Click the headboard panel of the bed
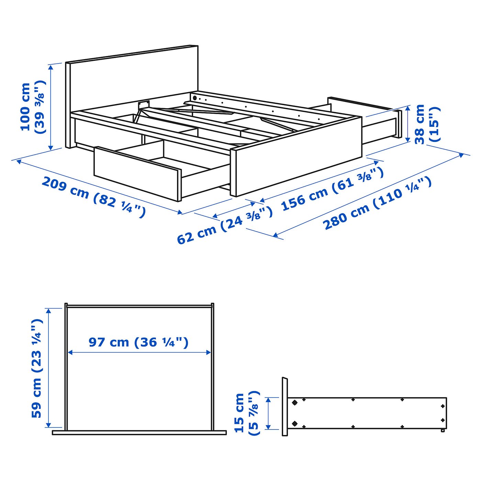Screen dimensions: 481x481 point(134,79)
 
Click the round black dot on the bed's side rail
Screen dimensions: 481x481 point(195,98)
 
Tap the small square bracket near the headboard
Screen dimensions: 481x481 point(144,104)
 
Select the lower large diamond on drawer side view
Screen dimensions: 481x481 point(294,423)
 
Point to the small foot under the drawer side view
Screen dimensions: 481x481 point(443,430)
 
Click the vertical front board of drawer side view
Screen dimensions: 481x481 point(285,407)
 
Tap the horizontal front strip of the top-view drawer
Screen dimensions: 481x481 point(139,433)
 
